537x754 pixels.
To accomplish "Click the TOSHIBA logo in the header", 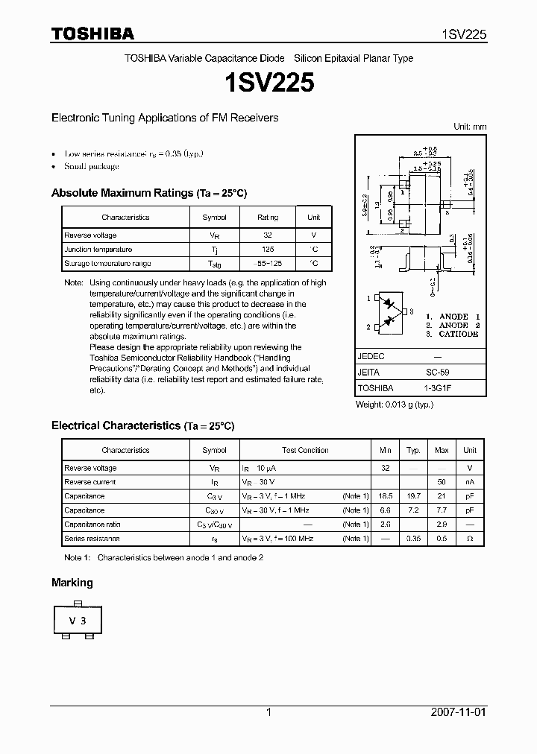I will click(92, 34).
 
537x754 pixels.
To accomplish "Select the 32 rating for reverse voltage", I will click(268, 235).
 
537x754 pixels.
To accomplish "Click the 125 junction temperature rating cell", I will click(268, 250).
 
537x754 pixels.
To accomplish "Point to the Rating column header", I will click(268, 218).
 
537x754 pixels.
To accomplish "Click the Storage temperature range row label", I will click(107, 264).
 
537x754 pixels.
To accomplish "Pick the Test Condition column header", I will click(305, 451).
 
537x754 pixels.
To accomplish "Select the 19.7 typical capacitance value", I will click(413, 496).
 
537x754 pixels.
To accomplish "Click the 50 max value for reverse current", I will click(442, 482).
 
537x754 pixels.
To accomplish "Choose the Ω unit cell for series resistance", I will click(470, 538).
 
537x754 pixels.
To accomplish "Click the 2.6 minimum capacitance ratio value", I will click(386, 525).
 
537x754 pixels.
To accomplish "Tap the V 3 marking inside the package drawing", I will click(78, 620).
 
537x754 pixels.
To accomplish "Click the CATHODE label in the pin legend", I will click(459, 335).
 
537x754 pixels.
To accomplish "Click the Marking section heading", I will click(72, 583).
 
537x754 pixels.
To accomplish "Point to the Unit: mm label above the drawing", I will click(470, 127).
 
